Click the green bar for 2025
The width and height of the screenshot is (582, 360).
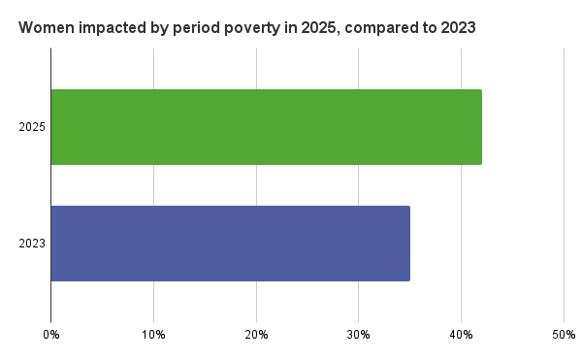(266, 127)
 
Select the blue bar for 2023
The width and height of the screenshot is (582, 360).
(230, 244)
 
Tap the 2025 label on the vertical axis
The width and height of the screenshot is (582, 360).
(32, 127)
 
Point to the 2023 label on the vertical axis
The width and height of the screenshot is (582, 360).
(32, 244)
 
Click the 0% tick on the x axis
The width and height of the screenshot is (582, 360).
(51, 335)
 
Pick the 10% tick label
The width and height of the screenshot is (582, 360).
(153, 335)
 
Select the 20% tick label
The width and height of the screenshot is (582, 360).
(256, 335)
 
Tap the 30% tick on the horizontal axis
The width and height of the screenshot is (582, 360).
(358, 335)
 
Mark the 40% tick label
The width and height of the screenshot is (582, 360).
(461, 335)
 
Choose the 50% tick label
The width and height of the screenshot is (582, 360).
(564, 335)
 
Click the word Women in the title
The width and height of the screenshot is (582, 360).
(45, 28)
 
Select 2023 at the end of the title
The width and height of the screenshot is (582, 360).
(456, 28)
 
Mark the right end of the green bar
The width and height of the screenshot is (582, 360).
(480, 127)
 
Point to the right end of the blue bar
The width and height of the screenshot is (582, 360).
(408, 244)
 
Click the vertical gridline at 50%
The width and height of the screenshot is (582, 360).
(564, 194)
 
